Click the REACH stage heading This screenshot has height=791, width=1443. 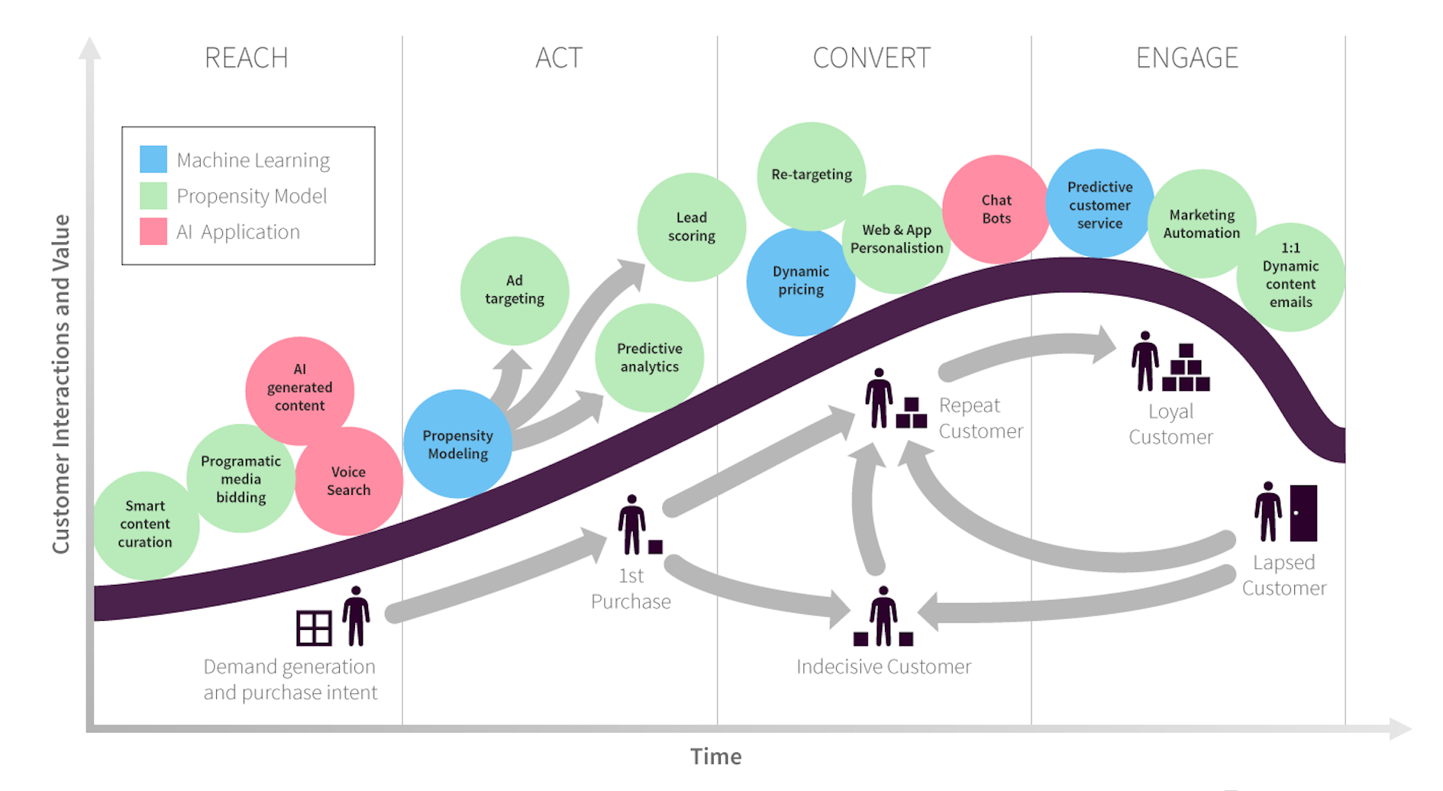(x=246, y=58)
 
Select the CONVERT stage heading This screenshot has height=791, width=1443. (x=871, y=58)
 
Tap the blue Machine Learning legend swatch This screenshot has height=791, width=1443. (x=153, y=159)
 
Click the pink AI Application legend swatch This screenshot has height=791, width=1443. (x=153, y=231)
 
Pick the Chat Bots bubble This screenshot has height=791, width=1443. (x=996, y=208)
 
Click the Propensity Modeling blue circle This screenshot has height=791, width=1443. (x=457, y=444)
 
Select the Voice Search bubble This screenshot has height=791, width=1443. (x=349, y=481)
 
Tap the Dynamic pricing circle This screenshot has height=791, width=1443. (x=800, y=281)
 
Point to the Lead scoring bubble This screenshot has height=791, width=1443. (x=691, y=227)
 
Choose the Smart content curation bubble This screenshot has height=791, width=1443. (x=145, y=524)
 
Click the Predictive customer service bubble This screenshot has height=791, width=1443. (x=1099, y=205)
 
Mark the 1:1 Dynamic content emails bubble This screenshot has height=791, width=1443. (x=1290, y=276)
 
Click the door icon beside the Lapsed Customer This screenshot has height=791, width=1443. (x=1303, y=512)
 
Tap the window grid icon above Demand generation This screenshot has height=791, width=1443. (x=314, y=628)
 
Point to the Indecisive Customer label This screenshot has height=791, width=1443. (x=883, y=667)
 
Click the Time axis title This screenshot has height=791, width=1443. (x=715, y=757)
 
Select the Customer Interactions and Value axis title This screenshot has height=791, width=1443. (x=61, y=383)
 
